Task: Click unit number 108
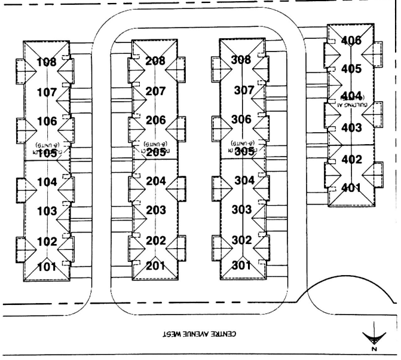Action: (x=47, y=62)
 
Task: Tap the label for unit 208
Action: (x=155, y=60)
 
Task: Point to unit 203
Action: (x=155, y=210)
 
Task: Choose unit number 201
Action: (x=155, y=266)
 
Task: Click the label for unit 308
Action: (x=241, y=60)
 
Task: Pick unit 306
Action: (x=241, y=119)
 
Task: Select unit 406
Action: (x=351, y=41)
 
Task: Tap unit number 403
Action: (x=351, y=127)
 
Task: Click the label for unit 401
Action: (x=351, y=188)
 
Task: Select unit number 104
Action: (x=47, y=182)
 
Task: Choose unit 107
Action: (x=47, y=93)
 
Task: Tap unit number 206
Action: (x=155, y=120)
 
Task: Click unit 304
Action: (x=241, y=180)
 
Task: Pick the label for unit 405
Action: (x=351, y=69)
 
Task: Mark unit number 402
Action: (x=351, y=160)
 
